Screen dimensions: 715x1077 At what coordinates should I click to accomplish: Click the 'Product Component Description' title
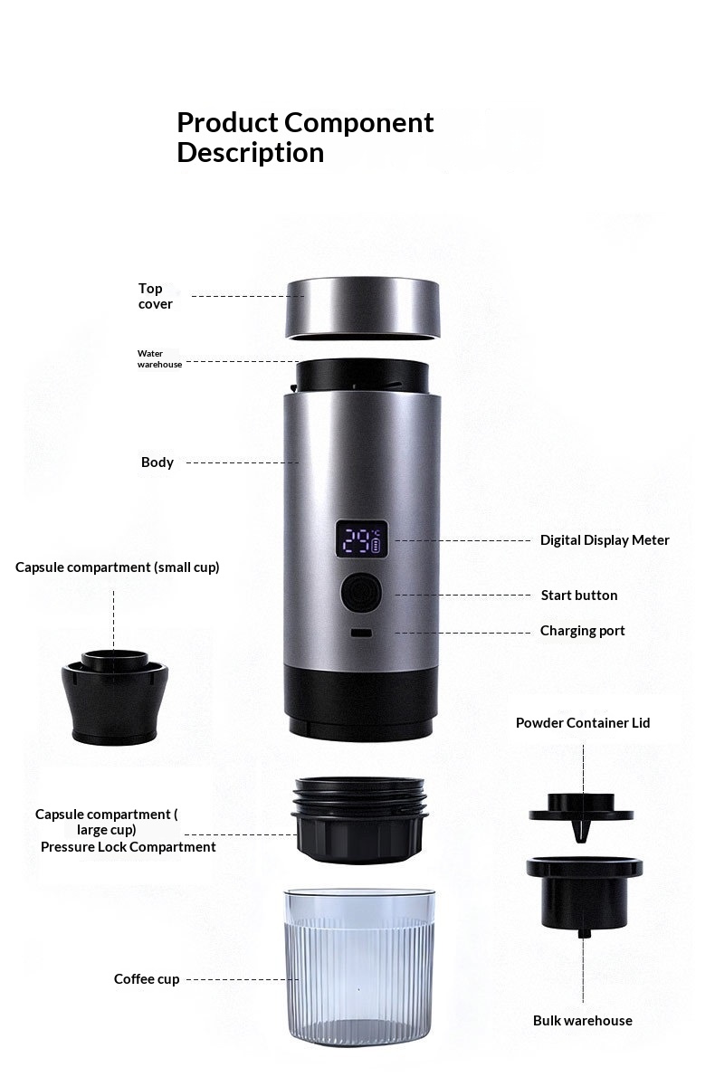pyautogui.click(x=305, y=138)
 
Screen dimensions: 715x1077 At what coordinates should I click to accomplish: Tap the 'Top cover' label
pyautogui.click(x=156, y=296)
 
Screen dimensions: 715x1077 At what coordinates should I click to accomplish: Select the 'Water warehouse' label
pyautogui.click(x=159, y=358)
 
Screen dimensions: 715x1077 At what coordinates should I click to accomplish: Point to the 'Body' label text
pyautogui.click(x=157, y=462)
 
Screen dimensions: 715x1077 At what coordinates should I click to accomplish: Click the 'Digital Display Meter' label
pyautogui.click(x=605, y=540)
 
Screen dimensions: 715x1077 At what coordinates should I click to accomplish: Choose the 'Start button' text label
pyautogui.click(x=579, y=595)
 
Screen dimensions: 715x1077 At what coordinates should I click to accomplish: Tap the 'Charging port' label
pyautogui.click(x=583, y=631)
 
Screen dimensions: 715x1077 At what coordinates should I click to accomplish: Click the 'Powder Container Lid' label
pyautogui.click(x=583, y=722)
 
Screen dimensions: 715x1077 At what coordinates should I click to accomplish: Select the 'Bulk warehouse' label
pyautogui.click(x=583, y=1021)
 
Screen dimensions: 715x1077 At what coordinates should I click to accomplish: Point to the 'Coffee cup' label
pyautogui.click(x=147, y=979)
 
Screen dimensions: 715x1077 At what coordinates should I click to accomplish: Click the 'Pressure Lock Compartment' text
pyautogui.click(x=128, y=847)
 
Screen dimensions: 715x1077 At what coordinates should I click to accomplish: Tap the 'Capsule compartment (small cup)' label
pyautogui.click(x=118, y=567)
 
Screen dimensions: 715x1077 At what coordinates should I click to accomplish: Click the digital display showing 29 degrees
pyautogui.click(x=361, y=540)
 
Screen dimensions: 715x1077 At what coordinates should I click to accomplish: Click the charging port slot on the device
pyautogui.click(x=361, y=633)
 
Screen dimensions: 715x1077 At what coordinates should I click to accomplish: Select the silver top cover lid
pyautogui.click(x=363, y=309)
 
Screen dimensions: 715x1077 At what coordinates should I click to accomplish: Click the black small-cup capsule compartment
pyautogui.click(x=115, y=697)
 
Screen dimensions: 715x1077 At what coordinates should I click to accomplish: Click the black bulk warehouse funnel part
pyautogui.click(x=585, y=894)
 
